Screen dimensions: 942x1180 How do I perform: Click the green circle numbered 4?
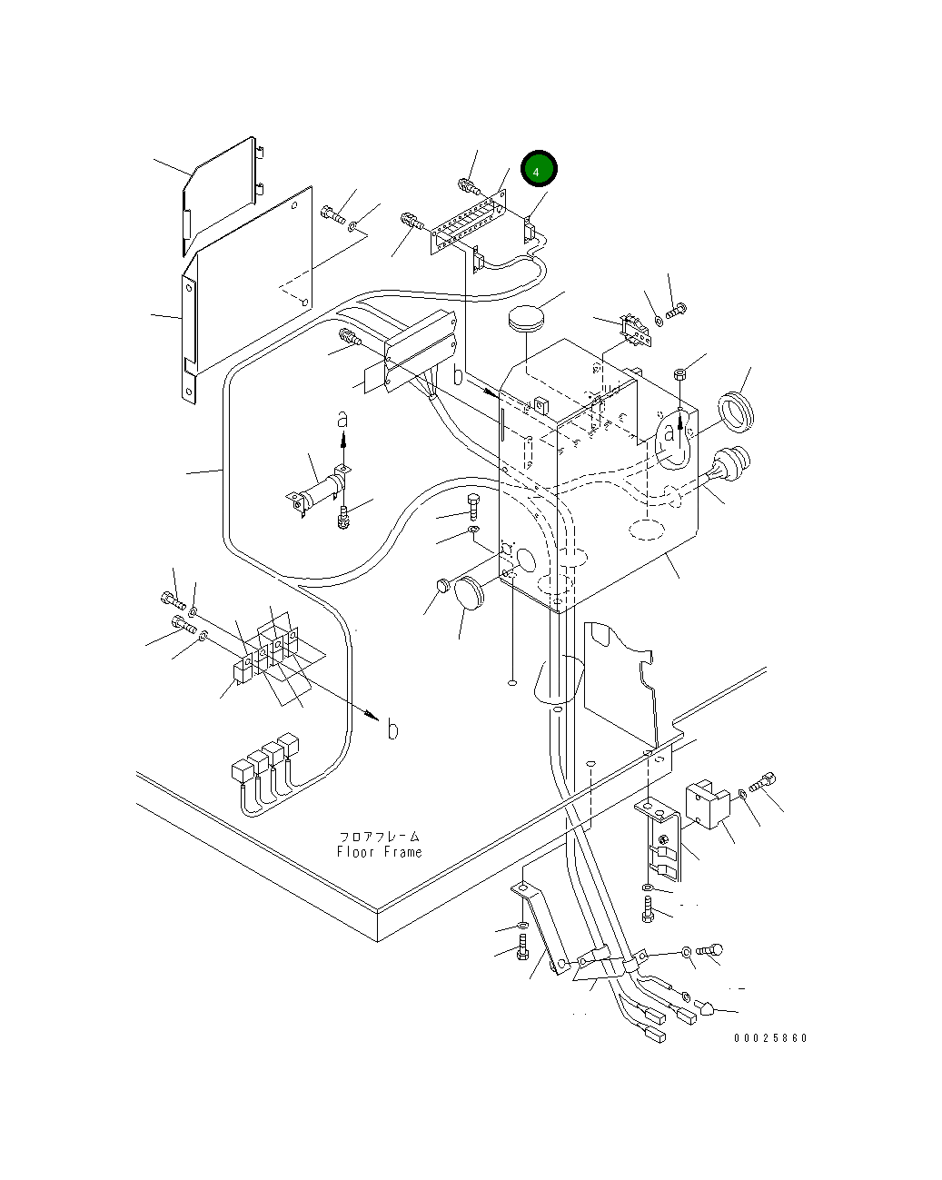(539, 168)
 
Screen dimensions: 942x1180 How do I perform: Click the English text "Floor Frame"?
(379, 851)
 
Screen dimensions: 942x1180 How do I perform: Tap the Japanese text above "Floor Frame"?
(380, 837)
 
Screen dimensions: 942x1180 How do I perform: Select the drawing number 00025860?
(770, 1038)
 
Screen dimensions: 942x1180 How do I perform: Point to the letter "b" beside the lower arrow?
(392, 729)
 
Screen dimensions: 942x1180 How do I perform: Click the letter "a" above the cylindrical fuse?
(342, 420)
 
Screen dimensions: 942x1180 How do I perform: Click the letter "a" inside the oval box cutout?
(669, 432)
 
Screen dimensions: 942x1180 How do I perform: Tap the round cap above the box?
(526, 319)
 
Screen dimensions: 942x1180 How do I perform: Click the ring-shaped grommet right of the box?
(736, 412)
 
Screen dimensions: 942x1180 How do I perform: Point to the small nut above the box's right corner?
(679, 374)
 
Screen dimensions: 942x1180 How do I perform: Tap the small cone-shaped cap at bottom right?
(707, 1006)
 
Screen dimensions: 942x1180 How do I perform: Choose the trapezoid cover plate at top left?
(220, 196)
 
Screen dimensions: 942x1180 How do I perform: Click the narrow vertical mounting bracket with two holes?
(189, 339)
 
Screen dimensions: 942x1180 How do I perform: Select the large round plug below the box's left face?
(469, 593)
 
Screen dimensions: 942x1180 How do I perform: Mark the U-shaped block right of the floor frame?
(708, 803)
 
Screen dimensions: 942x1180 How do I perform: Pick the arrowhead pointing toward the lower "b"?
(372, 716)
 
